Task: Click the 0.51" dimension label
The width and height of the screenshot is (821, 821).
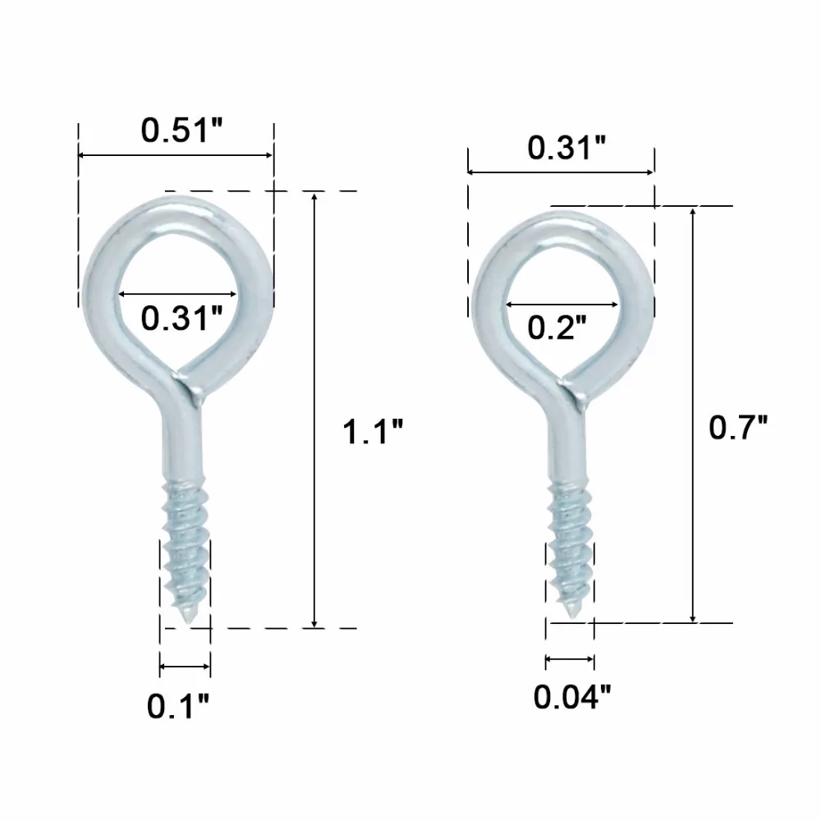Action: [x=181, y=130]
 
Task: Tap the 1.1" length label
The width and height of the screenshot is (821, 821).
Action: [x=372, y=432]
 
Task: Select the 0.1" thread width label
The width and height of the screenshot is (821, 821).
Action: [x=177, y=706]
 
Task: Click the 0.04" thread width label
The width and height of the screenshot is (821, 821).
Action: [x=571, y=697]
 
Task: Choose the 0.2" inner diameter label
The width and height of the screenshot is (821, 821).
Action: [x=557, y=328]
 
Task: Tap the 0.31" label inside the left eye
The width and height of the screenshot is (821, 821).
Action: [x=181, y=318]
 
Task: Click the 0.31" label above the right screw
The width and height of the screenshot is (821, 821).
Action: [x=566, y=148]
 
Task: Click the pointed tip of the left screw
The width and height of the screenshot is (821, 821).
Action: [x=189, y=623]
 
